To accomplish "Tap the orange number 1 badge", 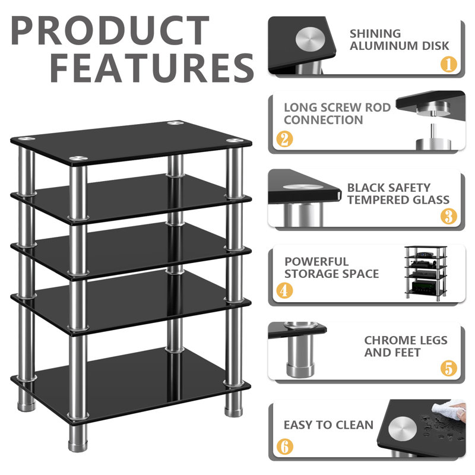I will click(x=448, y=64).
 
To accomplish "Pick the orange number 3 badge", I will click(x=448, y=216).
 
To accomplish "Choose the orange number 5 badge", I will click(x=448, y=368).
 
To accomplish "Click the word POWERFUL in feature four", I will click(x=316, y=261).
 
